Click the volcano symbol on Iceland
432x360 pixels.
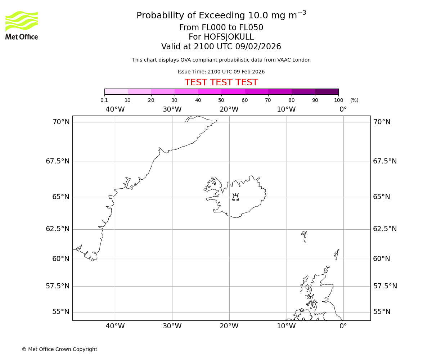[x=235, y=197]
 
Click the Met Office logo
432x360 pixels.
[x=22, y=25]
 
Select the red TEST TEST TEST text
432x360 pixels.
[x=221, y=83]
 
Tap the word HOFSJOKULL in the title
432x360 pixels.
[x=221, y=37]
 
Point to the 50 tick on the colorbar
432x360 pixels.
[x=221, y=100]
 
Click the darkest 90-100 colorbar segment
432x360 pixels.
[x=327, y=91]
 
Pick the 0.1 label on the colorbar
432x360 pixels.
[x=104, y=100]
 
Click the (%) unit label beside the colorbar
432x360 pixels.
[x=354, y=100]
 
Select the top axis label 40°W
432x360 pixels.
[x=115, y=109]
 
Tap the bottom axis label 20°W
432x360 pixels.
[x=229, y=326]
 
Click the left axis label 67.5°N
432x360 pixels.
[x=58, y=161]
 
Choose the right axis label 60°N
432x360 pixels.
[x=382, y=259]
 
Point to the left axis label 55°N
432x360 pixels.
[x=61, y=312]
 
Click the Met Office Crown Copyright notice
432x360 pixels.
[x=59, y=349]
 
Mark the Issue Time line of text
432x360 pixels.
[x=221, y=72]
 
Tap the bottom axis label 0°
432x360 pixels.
[x=343, y=326]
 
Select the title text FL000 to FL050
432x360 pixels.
[x=221, y=28]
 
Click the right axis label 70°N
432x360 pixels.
[x=382, y=122]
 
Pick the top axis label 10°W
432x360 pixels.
[x=286, y=109]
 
